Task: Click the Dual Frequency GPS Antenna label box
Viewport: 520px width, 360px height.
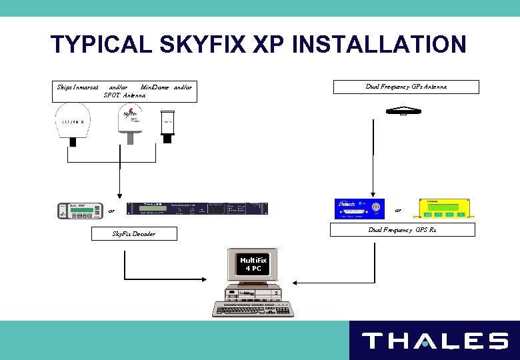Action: [406, 87]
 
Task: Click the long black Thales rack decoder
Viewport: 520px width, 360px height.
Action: [199, 208]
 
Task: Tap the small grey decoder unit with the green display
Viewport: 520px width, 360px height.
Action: [79, 209]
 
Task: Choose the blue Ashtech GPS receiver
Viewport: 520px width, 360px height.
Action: [359, 209]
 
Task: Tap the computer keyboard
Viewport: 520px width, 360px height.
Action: [253, 309]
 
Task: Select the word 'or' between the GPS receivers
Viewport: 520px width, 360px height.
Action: [398, 210]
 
